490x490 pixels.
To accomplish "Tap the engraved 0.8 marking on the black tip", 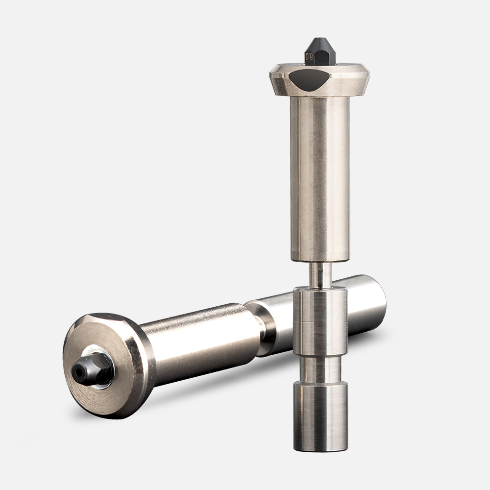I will tap(310, 57).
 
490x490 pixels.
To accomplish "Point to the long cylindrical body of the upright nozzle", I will tap(319, 176).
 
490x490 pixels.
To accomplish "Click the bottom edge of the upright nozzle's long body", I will tap(319, 260).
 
